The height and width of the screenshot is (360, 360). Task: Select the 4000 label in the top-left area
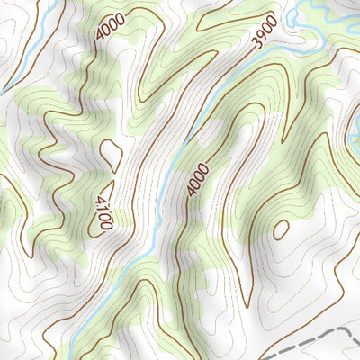110,28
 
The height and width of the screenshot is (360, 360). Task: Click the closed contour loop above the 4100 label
112,155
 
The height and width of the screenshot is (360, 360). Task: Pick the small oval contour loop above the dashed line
281,229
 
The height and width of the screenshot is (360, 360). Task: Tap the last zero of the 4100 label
106,224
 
